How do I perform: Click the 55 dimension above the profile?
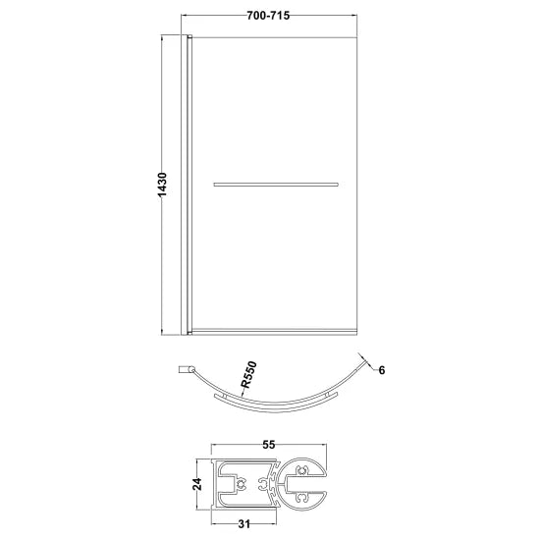(269, 445)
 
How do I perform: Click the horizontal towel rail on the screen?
(276, 183)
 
